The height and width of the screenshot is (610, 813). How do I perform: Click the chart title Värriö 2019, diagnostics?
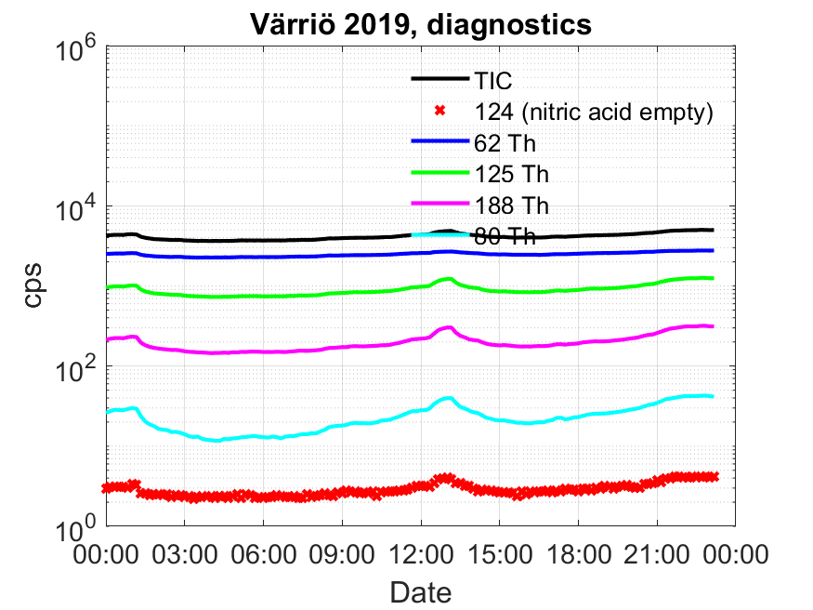pos(421,24)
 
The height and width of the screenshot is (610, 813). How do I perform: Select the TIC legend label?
pos(492,81)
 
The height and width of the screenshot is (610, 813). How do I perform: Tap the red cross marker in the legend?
pos(439,111)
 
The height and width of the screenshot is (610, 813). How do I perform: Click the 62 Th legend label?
pos(505,144)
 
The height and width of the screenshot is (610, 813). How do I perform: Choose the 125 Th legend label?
pos(512,174)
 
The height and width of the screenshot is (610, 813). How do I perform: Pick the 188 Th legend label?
pos(512,206)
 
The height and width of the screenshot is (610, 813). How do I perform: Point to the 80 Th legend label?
pos(505,236)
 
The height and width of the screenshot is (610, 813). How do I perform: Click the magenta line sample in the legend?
pos(439,204)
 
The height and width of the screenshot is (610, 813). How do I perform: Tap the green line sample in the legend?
pos(439,172)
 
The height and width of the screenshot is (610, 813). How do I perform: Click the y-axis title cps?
pos(33,285)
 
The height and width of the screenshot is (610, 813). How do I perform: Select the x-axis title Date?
pos(421,592)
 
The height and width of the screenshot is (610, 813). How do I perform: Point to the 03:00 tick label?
pos(185,554)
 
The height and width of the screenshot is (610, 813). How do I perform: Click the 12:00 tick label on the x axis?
pos(421,554)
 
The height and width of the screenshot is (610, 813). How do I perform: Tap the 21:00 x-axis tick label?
pos(656,554)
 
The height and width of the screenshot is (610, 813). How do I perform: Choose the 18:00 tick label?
pos(578,554)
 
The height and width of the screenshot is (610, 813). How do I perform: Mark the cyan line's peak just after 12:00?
pos(448,398)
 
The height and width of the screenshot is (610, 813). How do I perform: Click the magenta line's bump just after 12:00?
pos(448,327)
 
